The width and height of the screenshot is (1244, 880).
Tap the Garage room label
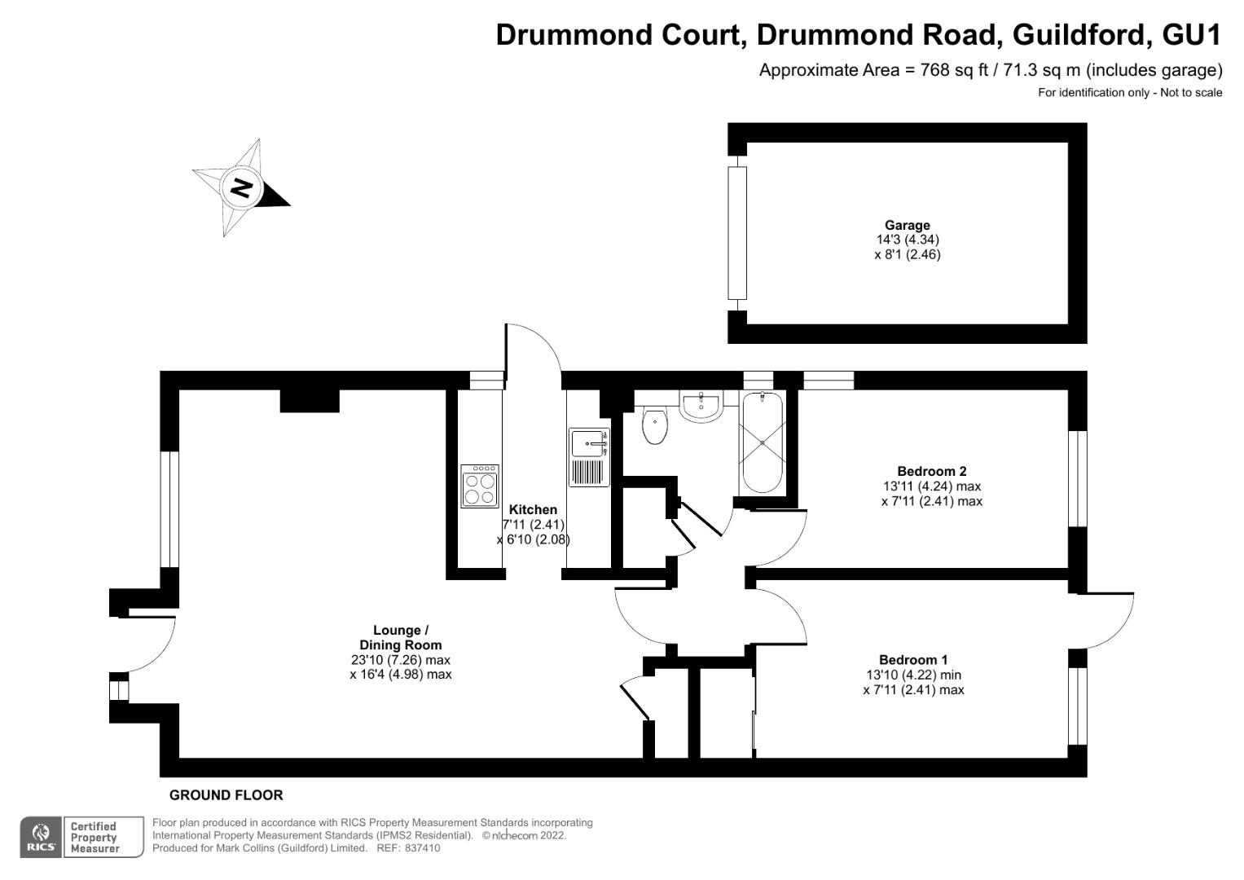[908, 226]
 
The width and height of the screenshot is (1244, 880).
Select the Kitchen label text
[534, 510]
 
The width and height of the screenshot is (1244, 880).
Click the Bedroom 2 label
[931, 471]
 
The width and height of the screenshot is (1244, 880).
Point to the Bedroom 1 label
[913, 660]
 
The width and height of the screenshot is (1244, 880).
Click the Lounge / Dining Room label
[401, 637]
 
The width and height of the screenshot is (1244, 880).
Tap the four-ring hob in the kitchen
[479, 486]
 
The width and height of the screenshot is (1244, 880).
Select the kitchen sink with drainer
[589, 457]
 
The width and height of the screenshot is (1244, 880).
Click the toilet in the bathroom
[654, 426]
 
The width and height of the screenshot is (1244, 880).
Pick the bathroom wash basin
[700, 407]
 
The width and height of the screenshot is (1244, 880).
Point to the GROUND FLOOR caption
[226, 795]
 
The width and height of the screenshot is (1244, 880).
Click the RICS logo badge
[40, 837]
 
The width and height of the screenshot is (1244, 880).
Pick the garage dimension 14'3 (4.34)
[908, 240]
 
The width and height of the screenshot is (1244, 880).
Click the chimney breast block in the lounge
[310, 400]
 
